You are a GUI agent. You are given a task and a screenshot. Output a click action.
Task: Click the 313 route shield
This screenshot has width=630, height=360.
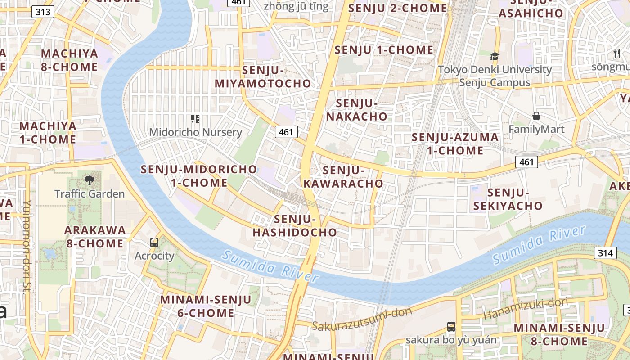(43, 12)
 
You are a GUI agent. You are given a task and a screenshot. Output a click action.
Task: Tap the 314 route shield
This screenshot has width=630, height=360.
(605, 253)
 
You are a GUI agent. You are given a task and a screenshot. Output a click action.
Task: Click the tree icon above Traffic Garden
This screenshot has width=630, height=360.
(89, 180)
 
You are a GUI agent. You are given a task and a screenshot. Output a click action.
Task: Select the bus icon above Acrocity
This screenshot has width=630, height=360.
(154, 243)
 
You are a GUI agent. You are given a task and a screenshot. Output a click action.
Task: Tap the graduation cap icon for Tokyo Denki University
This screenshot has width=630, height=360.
(495, 56)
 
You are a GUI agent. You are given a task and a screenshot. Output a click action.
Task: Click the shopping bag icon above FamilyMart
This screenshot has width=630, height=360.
(536, 116)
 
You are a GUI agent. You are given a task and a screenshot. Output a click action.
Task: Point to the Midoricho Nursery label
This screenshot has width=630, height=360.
(195, 132)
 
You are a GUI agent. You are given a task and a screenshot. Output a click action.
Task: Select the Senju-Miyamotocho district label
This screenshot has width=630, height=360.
(263, 77)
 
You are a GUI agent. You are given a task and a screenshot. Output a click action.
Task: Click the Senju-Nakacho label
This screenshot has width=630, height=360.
(356, 110)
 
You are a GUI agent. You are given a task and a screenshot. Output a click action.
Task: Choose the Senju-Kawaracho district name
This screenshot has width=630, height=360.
(343, 177)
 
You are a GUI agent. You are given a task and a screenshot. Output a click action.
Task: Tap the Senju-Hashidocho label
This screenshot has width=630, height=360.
(295, 226)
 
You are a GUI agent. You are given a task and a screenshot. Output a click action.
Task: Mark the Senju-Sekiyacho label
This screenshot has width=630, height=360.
(515, 199)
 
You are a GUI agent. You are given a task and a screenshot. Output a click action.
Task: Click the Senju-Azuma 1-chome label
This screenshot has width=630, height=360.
(455, 144)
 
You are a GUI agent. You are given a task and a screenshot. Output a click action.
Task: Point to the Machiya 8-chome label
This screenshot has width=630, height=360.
(69, 60)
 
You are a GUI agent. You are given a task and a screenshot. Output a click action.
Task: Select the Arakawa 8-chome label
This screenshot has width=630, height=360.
(94, 237)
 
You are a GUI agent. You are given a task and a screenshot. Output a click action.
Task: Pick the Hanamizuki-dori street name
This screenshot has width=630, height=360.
(526, 309)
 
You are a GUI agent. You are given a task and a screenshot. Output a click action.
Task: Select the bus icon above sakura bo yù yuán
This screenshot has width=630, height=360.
(451, 327)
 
